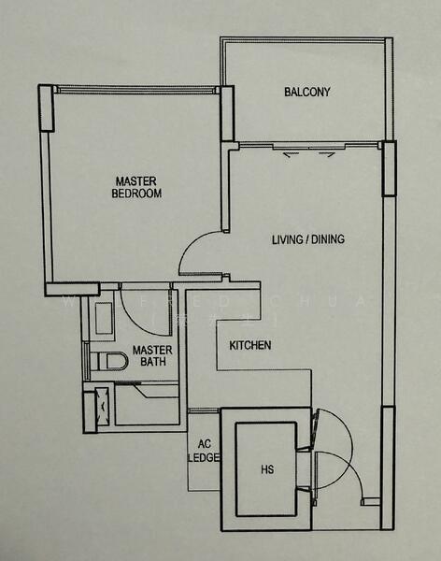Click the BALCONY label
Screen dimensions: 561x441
pos(307,92)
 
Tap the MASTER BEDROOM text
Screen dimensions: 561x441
pos(137,187)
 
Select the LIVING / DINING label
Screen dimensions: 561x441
pos(308,239)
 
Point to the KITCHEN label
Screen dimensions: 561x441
pos(250,346)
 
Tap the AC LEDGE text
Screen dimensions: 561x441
pos(204,452)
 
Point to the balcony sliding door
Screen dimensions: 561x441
pos(308,146)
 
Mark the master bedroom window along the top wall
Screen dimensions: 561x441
pos(135,90)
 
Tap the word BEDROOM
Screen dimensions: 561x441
pos(137,194)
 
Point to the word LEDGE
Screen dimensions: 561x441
pos(204,458)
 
